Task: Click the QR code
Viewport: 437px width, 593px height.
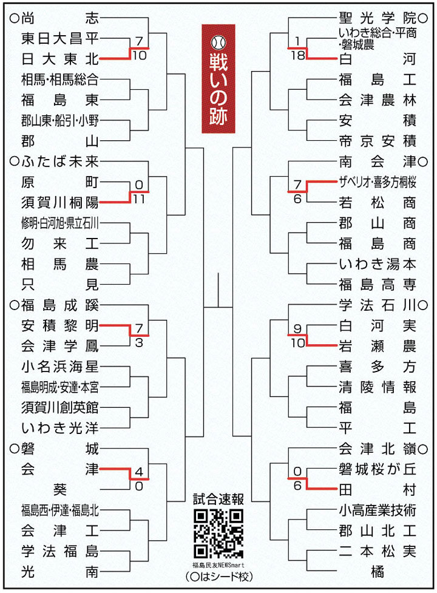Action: pos(218,534)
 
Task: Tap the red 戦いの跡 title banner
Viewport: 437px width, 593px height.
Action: pos(218,79)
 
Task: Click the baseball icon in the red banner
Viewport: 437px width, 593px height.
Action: pos(218,42)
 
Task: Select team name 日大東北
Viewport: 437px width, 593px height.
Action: pos(59,59)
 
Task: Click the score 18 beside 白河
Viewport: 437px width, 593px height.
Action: pos(298,55)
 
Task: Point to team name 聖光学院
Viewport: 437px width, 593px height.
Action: pos(378,18)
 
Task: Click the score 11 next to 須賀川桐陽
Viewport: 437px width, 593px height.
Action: pos(139,198)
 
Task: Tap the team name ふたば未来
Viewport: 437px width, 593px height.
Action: pos(59,161)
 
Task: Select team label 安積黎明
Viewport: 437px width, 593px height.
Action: pos(59,325)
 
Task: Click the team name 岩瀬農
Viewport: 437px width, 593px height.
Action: pos(378,346)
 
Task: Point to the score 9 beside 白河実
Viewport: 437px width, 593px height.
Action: pos(297,328)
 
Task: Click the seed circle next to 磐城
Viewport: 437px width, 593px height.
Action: pos(15,449)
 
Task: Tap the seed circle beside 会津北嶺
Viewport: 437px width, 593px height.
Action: pos(423,449)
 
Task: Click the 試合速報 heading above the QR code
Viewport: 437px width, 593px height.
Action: pos(218,499)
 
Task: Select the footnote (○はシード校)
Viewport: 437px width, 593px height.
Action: pos(218,577)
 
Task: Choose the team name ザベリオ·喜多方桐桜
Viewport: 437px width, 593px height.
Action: pos(378,182)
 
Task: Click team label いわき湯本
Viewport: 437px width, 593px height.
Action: pos(378,264)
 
